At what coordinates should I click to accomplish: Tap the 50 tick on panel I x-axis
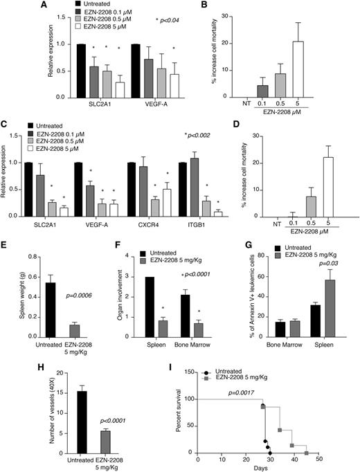(318, 459)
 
